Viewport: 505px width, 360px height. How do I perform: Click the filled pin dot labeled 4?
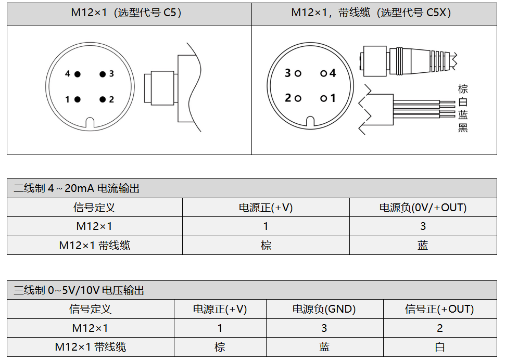tap(77, 74)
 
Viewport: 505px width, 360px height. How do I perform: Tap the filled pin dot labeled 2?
tap(103, 99)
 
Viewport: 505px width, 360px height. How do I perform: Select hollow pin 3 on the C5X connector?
tap(298, 73)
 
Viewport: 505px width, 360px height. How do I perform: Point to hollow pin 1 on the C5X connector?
tap(323, 98)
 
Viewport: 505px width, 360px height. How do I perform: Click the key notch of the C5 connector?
tap(90, 123)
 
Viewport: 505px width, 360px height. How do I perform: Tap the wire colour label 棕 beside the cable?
tap(463, 89)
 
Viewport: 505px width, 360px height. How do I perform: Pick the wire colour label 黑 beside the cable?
tap(463, 127)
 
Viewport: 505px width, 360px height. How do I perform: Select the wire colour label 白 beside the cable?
tap(463, 101)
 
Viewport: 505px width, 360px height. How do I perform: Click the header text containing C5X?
tap(371, 13)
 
